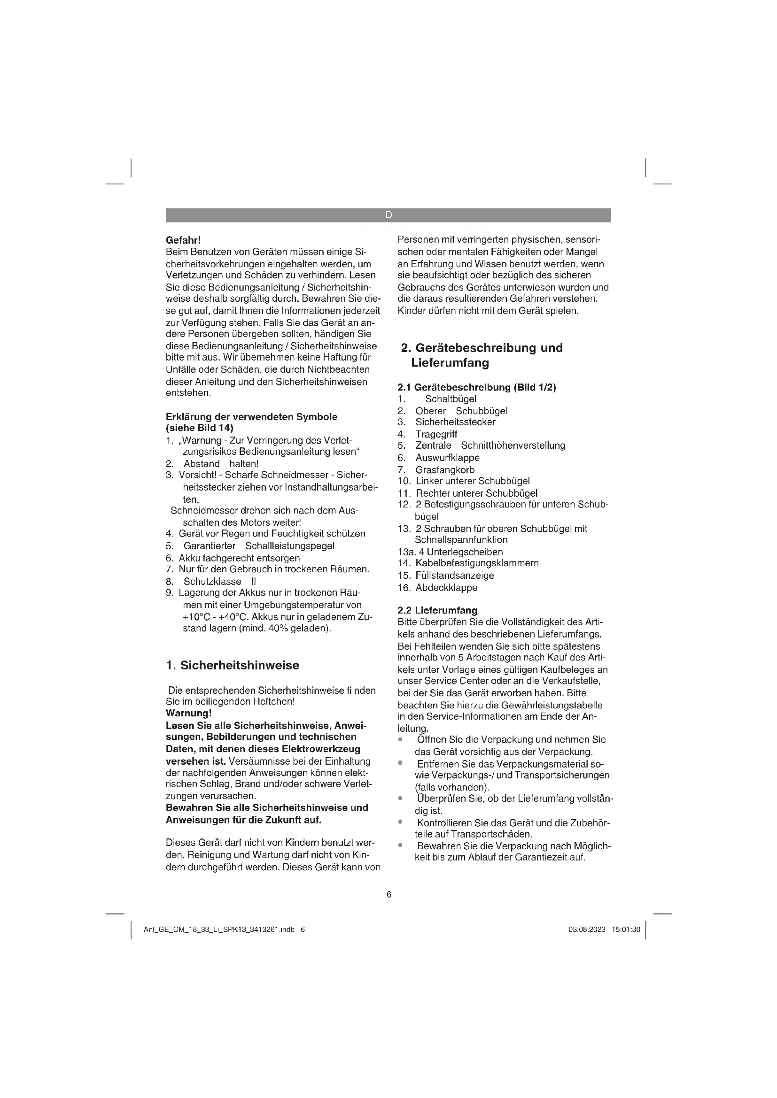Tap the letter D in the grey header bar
point(388,215)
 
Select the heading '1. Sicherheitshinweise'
point(232,665)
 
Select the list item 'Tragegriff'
point(436,434)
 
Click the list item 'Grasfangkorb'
point(444,469)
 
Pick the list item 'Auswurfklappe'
point(447,458)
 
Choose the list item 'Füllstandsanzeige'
point(454,576)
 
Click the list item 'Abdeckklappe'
point(446,587)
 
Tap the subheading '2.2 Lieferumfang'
point(437,610)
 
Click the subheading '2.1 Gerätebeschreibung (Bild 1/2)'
point(476,387)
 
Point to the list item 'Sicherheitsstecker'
point(455,422)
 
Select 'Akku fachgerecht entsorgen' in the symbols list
point(239,558)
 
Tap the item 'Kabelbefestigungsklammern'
point(476,563)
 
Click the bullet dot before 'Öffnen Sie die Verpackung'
point(400,740)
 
